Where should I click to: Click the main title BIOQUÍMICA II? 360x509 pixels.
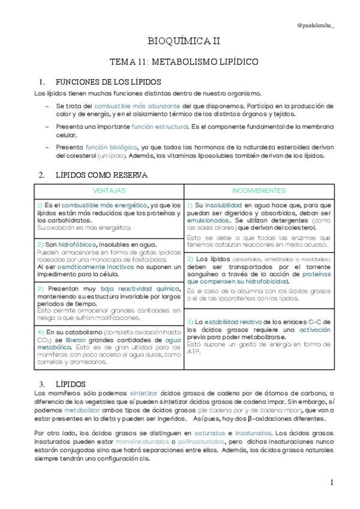coord(184,41)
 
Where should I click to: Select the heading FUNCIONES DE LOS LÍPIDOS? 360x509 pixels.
coord(107,82)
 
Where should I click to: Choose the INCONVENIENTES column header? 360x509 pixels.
coord(259,190)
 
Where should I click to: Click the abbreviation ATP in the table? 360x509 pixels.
coord(193,352)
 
